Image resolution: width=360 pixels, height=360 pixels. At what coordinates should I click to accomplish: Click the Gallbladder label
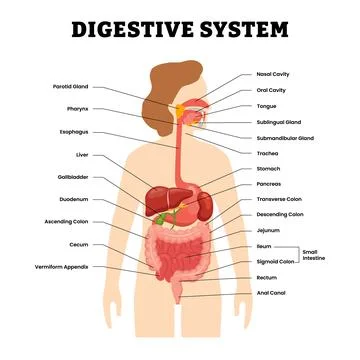click(x=71, y=177)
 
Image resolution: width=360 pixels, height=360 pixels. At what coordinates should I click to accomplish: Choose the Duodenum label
click(x=72, y=199)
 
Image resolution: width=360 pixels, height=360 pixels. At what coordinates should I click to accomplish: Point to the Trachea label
click(x=268, y=153)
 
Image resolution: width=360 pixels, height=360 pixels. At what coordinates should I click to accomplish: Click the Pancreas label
click(x=271, y=183)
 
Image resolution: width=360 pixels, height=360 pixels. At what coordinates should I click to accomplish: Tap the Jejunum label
click(x=271, y=229)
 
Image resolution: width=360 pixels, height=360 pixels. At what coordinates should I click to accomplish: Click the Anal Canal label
click(x=273, y=293)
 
